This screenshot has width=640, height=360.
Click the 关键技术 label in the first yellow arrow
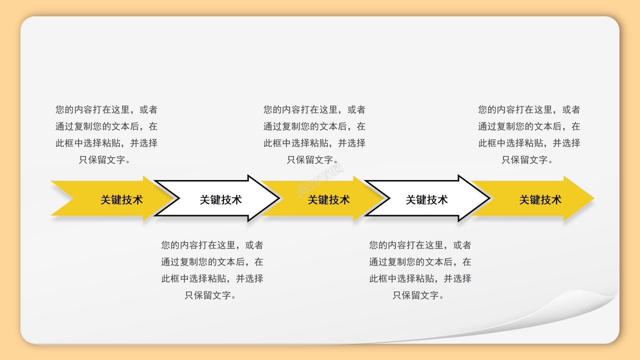coord(121,200)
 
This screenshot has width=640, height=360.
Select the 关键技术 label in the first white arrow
coord(220,200)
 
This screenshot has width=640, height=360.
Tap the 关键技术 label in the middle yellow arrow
coord(328,200)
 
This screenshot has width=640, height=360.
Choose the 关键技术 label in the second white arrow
coord(426,200)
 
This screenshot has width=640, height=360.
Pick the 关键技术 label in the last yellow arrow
coord(540,200)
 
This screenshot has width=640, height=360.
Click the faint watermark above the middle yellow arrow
coord(320,180)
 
